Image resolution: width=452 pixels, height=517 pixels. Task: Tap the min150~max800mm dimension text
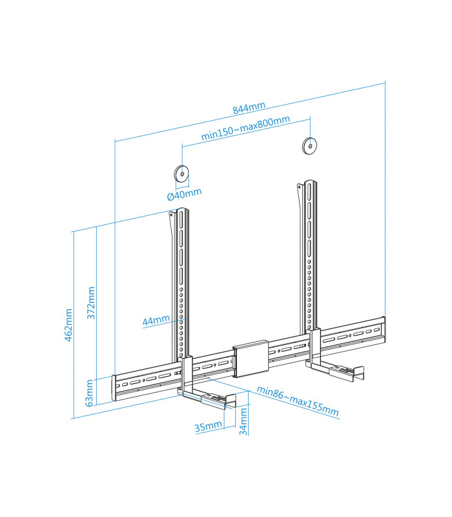245,128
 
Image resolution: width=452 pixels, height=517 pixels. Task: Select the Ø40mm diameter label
184,193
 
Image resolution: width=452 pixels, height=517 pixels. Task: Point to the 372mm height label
91,302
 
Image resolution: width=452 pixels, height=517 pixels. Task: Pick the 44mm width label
156,319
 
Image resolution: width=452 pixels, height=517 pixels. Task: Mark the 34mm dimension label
243,421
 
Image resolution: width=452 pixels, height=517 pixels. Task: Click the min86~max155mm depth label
297,401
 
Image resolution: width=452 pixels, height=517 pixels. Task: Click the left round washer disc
181,173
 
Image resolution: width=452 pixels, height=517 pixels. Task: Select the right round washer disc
310,146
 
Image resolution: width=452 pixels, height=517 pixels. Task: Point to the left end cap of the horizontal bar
114,388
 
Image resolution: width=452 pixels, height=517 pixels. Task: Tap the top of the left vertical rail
181,211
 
